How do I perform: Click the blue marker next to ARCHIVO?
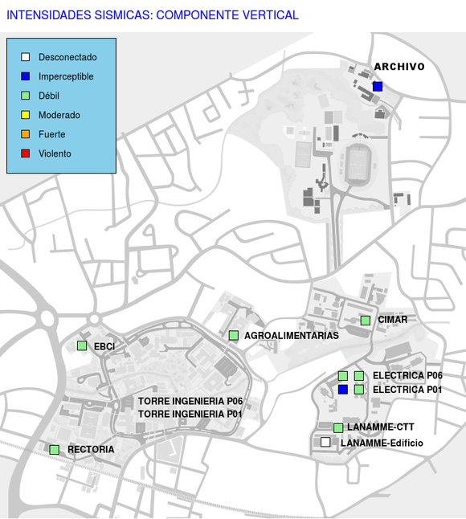tap(378, 87)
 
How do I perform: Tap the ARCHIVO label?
tap(399, 67)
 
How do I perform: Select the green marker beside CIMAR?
tap(366, 321)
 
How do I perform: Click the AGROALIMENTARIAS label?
tap(292, 336)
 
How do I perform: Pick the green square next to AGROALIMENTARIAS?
tap(234, 335)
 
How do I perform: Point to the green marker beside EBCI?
tap(82, 345)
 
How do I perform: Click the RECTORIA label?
tap(91, 449)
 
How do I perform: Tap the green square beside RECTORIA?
tap(55, 450)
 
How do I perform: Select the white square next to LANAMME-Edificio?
tap(325, 442)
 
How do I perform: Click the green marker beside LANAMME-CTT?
tap(338, 428)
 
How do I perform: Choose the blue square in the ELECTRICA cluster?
tap(343, 390)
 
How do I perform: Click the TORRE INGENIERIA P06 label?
tap(190, 401)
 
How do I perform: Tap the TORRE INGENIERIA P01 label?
tap(190, 414)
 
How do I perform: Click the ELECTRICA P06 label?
tap(407, 376)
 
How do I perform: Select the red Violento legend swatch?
tap(26, 153)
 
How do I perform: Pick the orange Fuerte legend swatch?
tap(26, 134)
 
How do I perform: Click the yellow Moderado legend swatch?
tap(26, 115)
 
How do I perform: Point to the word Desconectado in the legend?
tap(67, 57)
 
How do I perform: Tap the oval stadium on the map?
tap(358, 165)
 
